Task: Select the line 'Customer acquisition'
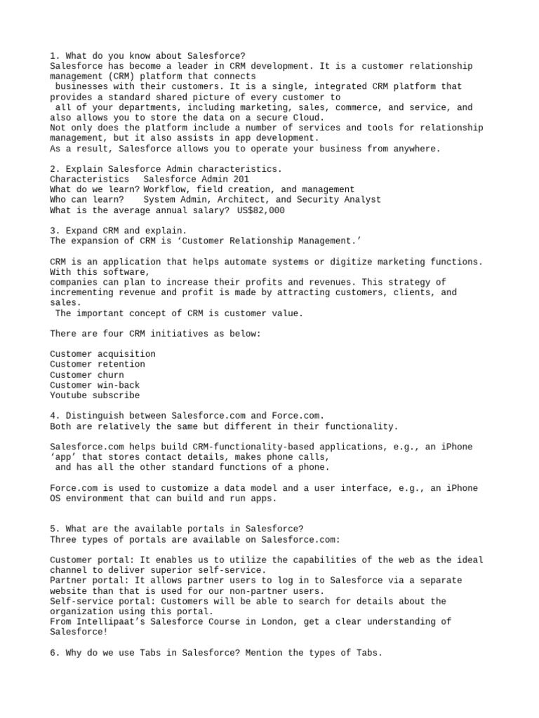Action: point(102,354)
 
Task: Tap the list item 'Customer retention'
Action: point(98,365)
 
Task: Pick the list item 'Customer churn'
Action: point(87,375)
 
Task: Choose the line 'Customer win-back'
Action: point(95,385)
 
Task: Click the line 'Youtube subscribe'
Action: point(95,395)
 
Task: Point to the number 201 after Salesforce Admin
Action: point(240,179)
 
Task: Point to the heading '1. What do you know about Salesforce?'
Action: point(147,55)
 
